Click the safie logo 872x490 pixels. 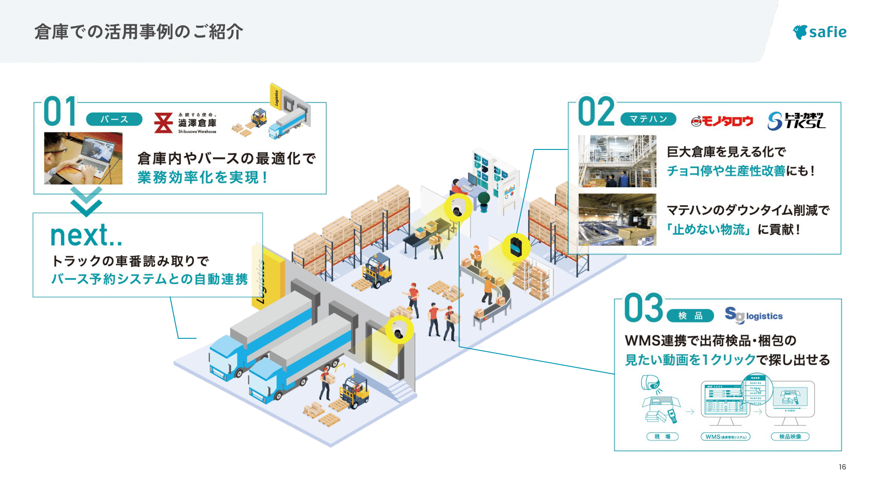click(819, 32)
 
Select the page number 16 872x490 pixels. click(842, 467)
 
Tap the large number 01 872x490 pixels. click(60, 112)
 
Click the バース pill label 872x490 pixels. click(114, 119)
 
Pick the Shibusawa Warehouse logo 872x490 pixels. click(185, 123)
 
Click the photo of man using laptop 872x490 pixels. click(83, 158)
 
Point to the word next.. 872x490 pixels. click(86, 236)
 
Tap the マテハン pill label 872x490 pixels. click(648, 119)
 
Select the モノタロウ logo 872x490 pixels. click(722, 121)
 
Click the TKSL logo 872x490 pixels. click(796, 121)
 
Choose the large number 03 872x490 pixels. click(644, 308)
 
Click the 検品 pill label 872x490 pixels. click(690, 316)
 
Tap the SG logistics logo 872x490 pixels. click(753, 315)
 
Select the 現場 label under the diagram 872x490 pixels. click(662, 436)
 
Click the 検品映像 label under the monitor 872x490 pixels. click(790, 436)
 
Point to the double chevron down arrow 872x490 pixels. click(86, 202)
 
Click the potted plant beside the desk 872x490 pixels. click(484, 201)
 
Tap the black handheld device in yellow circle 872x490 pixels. click(516, 247)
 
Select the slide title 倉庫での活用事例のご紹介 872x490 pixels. click(139, 32)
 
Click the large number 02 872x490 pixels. click(596, 112)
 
